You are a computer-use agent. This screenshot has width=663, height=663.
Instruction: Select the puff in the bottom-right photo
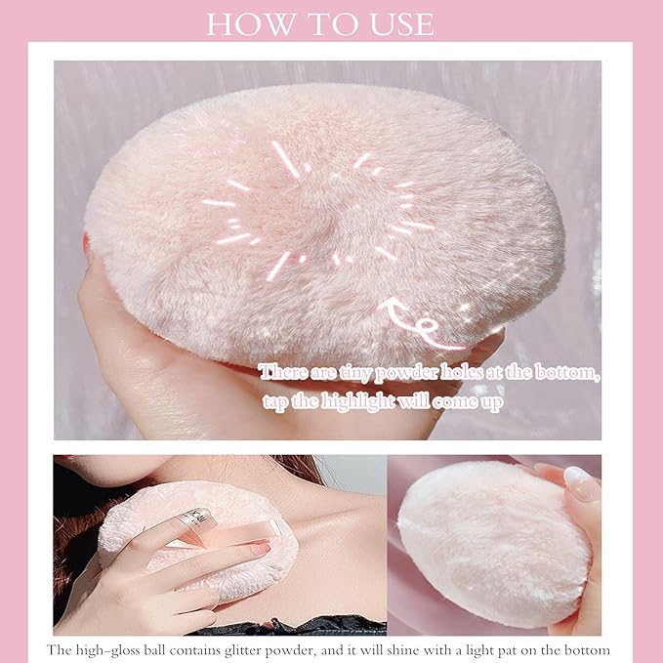(478, 542)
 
